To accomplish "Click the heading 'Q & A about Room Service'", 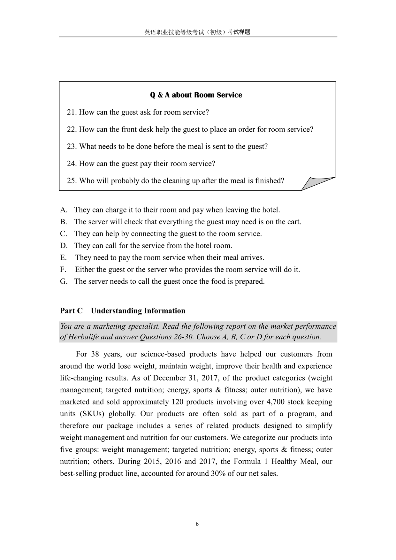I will point(196,95).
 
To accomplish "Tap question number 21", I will point(72,112).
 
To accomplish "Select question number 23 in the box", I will point(72,146).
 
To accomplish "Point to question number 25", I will point(72,180).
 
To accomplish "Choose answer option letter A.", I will point(64,210).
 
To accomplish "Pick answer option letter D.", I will point(64,246).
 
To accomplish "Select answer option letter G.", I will point(64,281).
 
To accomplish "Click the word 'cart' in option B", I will point(293,222).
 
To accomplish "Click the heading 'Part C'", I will point(71,311).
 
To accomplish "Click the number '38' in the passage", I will point(95,354).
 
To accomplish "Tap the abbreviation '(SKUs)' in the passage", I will point(90,414).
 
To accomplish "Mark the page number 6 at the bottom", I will point(197,524).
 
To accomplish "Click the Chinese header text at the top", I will point(197,32).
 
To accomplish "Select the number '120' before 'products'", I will point(177,402).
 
